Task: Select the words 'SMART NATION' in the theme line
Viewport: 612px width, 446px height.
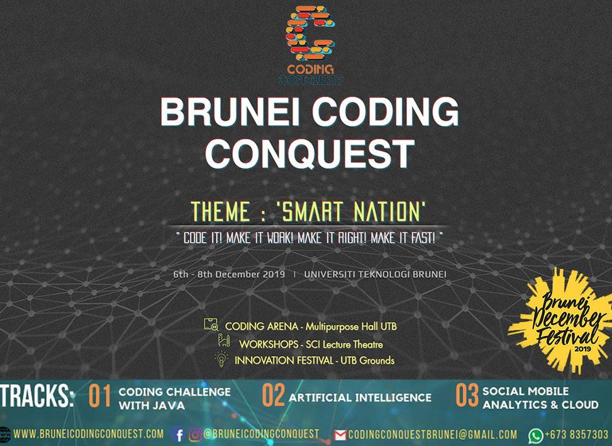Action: click(351, 211)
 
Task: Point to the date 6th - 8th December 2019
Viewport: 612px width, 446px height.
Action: click(229, 274)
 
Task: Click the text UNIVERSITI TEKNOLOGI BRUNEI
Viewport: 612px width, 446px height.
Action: click(375, 274)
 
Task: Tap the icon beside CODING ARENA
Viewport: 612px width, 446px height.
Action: click(211, 325)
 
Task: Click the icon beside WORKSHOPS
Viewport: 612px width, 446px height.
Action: click(224, 341)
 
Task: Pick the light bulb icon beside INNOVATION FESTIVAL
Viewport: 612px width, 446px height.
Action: click(221, 359)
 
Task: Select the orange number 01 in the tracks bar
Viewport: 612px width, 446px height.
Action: click(99, 396)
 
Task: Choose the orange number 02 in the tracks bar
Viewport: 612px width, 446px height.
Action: click(273, 395)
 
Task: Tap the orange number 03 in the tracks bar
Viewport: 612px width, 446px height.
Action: click(467, 395)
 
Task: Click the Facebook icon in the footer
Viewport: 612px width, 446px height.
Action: click(178, 434)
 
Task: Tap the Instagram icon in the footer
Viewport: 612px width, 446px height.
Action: click(195, 434)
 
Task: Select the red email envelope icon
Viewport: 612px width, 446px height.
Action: click(340, 435)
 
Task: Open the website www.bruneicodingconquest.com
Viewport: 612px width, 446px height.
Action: click(89, 434)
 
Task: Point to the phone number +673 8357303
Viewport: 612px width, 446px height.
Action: click(577, 434)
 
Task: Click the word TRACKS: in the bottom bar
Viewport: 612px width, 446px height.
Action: click(38, 396)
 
